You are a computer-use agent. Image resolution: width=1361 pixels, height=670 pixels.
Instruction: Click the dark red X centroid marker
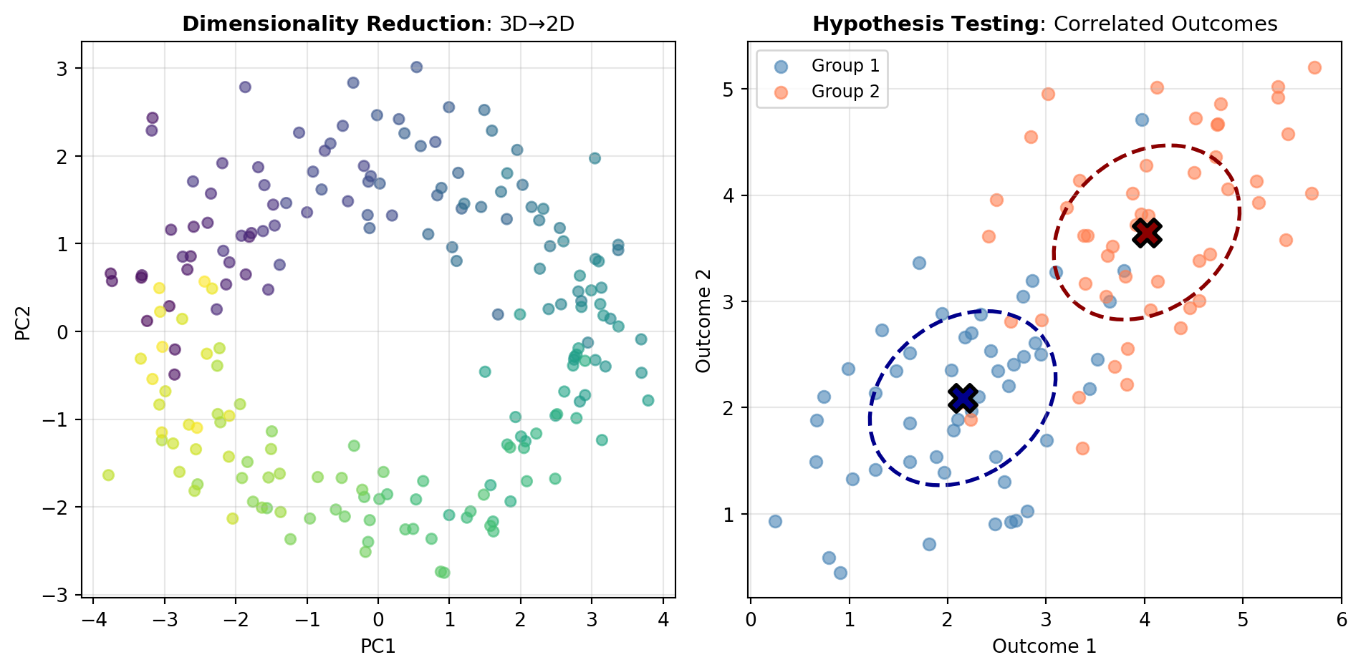point(1147,233)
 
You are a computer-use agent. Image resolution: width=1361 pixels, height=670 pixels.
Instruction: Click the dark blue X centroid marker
point(963,397)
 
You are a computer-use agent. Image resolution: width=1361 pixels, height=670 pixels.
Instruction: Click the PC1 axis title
point(378,646)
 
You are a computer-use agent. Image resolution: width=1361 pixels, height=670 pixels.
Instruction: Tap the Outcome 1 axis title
point(1044,646)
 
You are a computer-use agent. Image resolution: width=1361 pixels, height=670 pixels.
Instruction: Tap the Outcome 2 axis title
point(704,319)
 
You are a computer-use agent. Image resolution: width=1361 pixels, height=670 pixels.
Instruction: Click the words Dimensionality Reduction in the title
point(334,24)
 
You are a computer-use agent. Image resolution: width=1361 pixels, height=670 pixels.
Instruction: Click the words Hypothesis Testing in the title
point(925,24)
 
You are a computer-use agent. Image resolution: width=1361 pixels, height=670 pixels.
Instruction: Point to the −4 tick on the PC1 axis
point(92,620)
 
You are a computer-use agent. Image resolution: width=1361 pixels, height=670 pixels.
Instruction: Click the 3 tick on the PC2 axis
point(63,69)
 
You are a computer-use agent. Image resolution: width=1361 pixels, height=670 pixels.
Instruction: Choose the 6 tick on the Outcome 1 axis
point(1341,620)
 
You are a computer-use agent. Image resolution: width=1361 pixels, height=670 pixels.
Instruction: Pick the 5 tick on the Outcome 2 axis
point(730,89)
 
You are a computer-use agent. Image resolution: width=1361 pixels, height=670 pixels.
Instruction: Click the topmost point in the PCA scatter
point(416,67)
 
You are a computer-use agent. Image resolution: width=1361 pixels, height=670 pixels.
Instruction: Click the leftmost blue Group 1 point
point(775,521)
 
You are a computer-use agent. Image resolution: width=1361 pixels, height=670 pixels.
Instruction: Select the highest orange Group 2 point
point(1314,68)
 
